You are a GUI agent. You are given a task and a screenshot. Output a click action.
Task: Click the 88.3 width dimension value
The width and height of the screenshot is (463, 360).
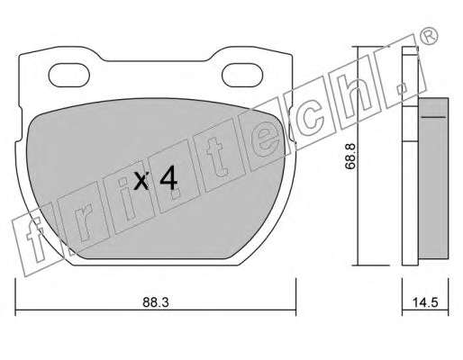[156, 302]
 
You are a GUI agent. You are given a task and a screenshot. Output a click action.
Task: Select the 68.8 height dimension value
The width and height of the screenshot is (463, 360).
[350, 156]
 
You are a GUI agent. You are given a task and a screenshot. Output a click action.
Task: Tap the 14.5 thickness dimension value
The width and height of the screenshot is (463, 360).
[425, 302]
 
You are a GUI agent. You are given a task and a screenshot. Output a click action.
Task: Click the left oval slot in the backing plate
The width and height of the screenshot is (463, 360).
[69, 75]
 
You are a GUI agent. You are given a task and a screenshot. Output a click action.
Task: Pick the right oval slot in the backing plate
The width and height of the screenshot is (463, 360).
[242, 75]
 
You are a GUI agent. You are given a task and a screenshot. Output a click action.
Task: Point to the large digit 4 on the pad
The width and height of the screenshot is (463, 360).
[168, 181]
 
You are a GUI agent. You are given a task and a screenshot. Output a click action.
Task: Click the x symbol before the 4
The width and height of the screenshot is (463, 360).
[141, 182]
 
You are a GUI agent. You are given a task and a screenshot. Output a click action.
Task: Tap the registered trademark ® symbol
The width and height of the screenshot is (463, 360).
[428, 36]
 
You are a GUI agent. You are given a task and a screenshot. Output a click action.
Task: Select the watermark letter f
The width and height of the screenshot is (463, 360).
[36, 238]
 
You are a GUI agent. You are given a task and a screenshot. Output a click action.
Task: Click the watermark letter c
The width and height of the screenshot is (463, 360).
[310, 114]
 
